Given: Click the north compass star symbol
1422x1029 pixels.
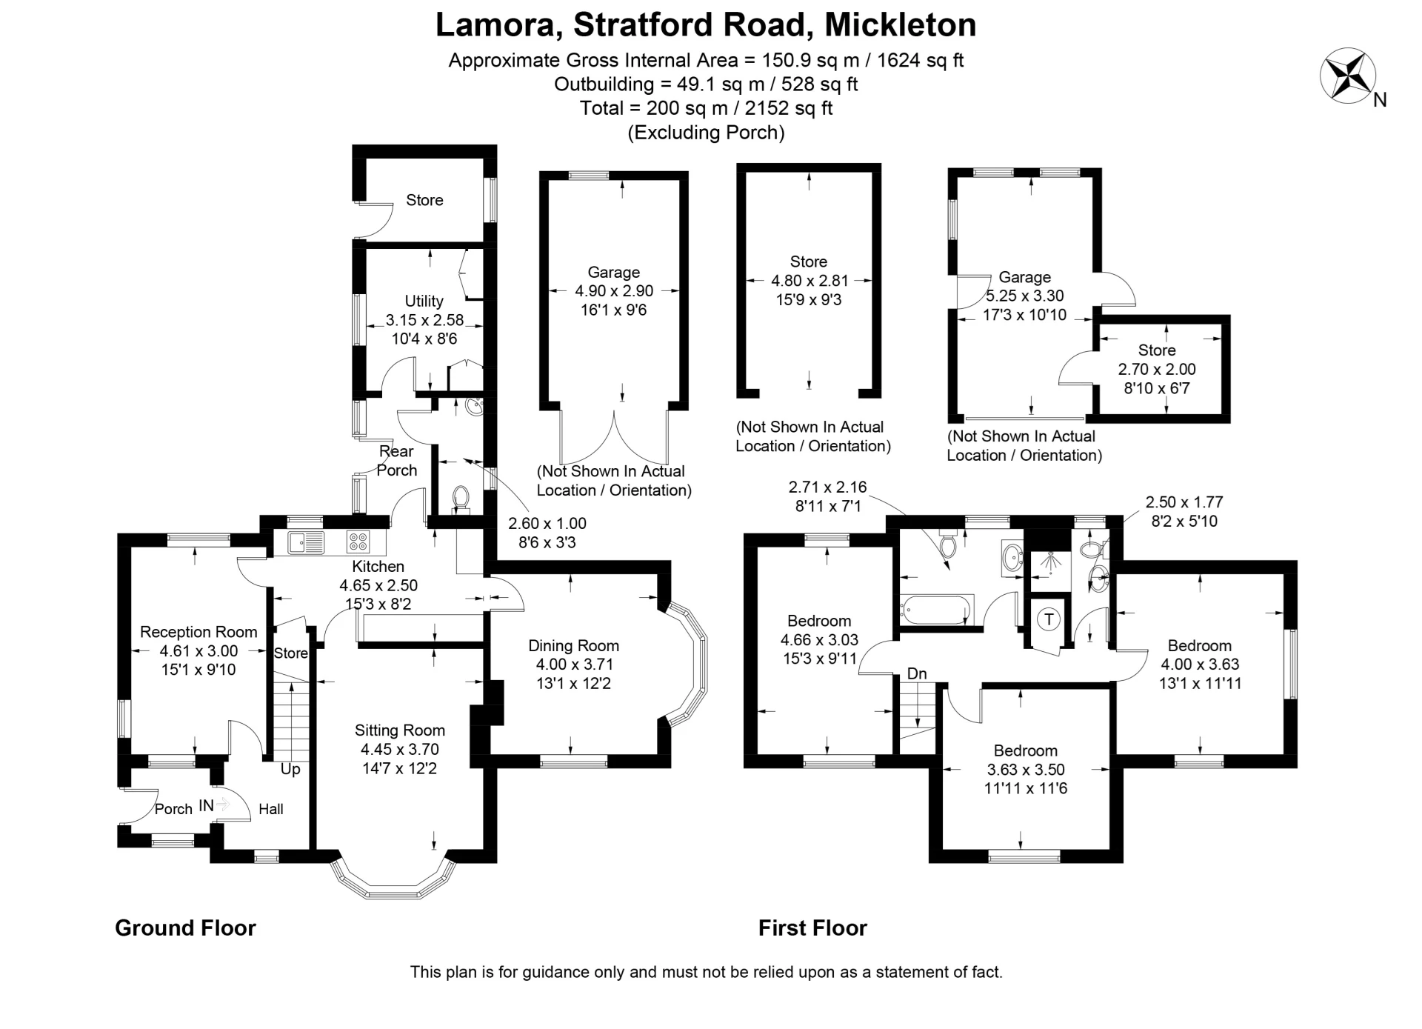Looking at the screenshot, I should (1347, 76).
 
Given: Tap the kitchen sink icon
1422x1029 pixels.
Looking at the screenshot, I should (307, 543).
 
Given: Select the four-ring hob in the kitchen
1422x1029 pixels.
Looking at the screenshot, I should (358, 543).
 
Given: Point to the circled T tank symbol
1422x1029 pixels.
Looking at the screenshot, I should (1049, 619).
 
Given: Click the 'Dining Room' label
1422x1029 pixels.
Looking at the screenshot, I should (573, 645).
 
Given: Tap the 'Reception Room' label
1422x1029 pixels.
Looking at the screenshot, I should (198, 632).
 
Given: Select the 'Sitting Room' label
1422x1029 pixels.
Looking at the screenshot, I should (399, 730).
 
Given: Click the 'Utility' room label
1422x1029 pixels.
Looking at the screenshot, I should (424, 301).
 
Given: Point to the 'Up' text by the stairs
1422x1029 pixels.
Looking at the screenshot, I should (290, 769).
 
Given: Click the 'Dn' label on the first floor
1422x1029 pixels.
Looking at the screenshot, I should (917, 673).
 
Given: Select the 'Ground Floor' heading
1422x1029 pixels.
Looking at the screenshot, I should (185, 928).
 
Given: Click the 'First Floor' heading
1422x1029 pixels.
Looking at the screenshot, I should (812, 928).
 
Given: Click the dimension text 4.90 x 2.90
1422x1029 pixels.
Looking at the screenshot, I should (614, 291).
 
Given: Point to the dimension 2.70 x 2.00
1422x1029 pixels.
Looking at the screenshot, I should (1157, 369).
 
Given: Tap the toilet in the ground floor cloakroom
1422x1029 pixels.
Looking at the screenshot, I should (461, 498).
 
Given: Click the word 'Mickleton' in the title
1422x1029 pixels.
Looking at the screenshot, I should (900, 24).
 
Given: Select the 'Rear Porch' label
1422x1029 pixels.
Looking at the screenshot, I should (397, 461).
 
